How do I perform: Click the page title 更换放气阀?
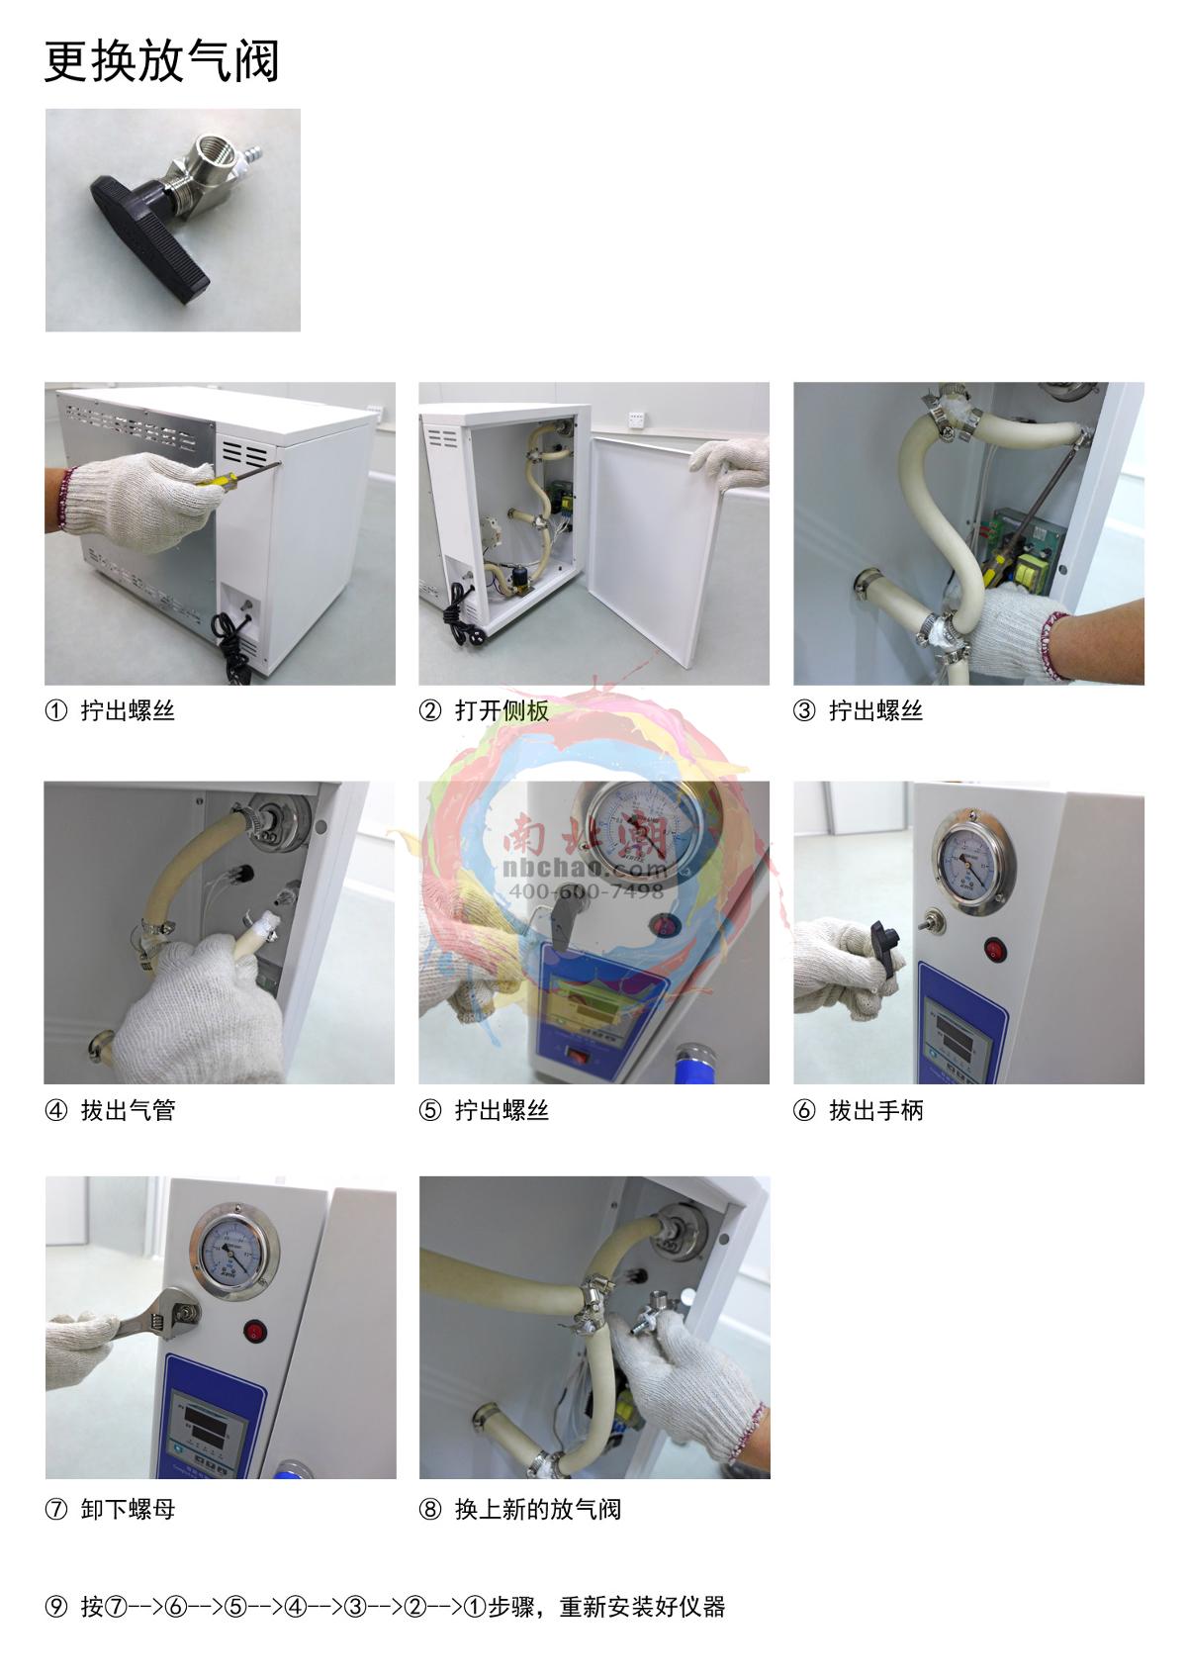pos(162,61)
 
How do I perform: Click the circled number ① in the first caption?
pos(56,710)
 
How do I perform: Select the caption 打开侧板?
pos(502,710)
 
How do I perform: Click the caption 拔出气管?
pos(128,1110)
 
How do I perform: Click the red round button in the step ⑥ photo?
pos(995,951)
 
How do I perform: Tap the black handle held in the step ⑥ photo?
pos(885,948)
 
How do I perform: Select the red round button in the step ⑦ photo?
pos(256,1331)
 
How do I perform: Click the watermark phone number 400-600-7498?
pos(586,890)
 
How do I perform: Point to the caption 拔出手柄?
pos(876,1110)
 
